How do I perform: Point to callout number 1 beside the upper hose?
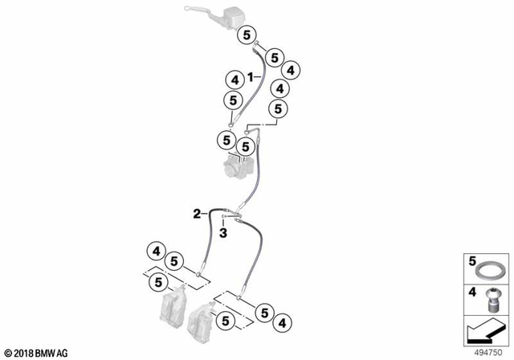(x=251, y=76)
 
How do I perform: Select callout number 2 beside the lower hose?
(x=197, y=213)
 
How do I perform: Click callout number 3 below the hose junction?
(x=225, y=233)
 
